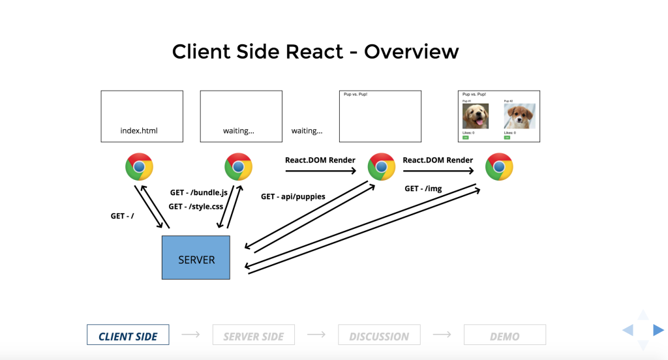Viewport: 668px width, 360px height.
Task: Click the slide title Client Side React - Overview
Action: (x=315, y=52)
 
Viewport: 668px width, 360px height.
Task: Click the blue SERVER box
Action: (x=196, y=258)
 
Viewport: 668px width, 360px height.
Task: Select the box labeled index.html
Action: (x=142, y=116)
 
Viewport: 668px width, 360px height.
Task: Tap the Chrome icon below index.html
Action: (x=139, y=167)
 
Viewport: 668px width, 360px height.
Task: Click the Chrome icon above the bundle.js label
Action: (x=238, y=167)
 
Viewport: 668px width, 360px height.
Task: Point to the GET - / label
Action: (x=122, y=216)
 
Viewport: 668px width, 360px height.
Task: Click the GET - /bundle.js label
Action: (x=198, y=193)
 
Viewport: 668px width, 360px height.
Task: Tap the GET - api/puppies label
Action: (x=293, y=196)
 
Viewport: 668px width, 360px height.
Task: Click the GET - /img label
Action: (x=423, y=188)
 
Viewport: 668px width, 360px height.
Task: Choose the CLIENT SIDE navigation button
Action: (x=128, y=335)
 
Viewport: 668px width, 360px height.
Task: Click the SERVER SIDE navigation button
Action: (x=253, y=335)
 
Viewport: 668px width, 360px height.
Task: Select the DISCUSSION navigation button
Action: (x=379, y=335)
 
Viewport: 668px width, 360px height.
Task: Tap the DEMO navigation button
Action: (x=504, y=335)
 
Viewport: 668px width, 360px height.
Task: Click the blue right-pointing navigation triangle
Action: (x=658, y=330)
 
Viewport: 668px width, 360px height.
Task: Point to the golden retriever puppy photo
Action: (x=476, y=116)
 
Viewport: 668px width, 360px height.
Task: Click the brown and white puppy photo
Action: (x=519, y=116)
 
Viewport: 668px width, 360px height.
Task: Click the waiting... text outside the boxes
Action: (x=307, y=130)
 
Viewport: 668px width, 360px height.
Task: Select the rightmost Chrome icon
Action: (x=499, y=167)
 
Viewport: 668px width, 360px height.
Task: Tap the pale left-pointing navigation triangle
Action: (x=628, y=330)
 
